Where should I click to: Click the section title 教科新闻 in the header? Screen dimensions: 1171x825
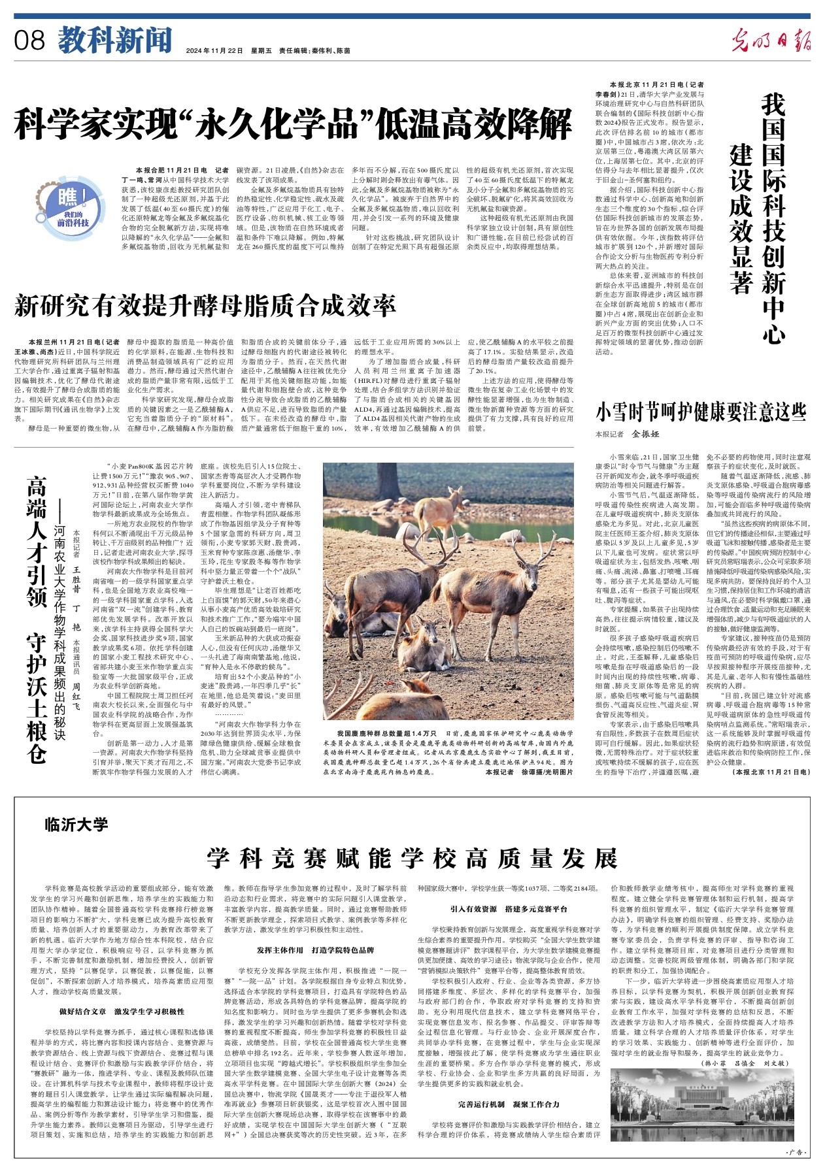pyautogui.click(x=115, y=41)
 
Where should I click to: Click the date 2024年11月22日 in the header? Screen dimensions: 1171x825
pyautogui.click(x=214, y=50)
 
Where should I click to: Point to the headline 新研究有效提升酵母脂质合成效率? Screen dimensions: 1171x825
pyautogui.click(x=205, y=305)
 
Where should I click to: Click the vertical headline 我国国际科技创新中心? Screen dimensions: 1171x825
pyautogui.click(x=774, y=219)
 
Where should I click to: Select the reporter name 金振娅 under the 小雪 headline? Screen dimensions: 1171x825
pyautogui.click(x=646, y=434)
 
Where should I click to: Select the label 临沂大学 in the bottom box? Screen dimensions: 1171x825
pyautogui.click(x=76, y=824)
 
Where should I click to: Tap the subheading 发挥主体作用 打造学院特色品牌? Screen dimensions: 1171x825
pyautogui.click(x=315, y=950)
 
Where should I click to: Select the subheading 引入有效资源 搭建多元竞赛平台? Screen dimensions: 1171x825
pyautogui.click(x=508, y=909)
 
